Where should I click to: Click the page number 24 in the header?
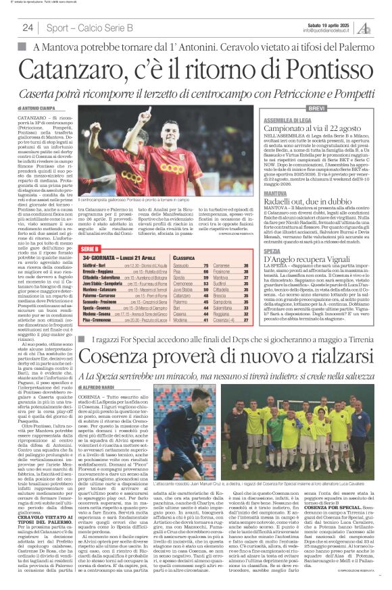[x=28, y=28]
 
